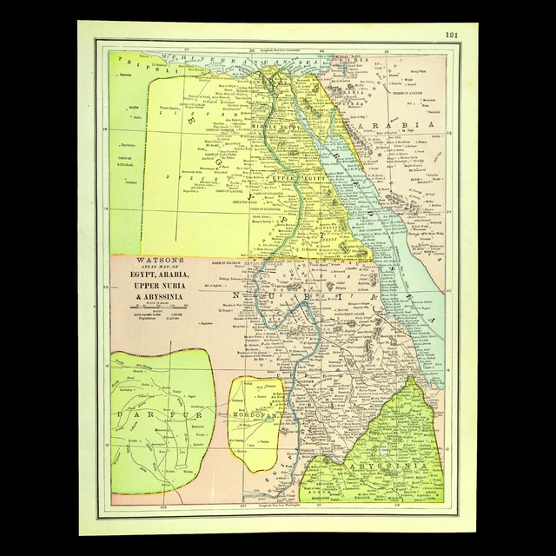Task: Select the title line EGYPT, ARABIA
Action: pos(159,272)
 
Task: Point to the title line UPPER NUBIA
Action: pos(159,283)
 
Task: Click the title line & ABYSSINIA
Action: pos(159,294)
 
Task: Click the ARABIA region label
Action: pos(409,127)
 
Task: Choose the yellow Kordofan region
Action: pos(256,434)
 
